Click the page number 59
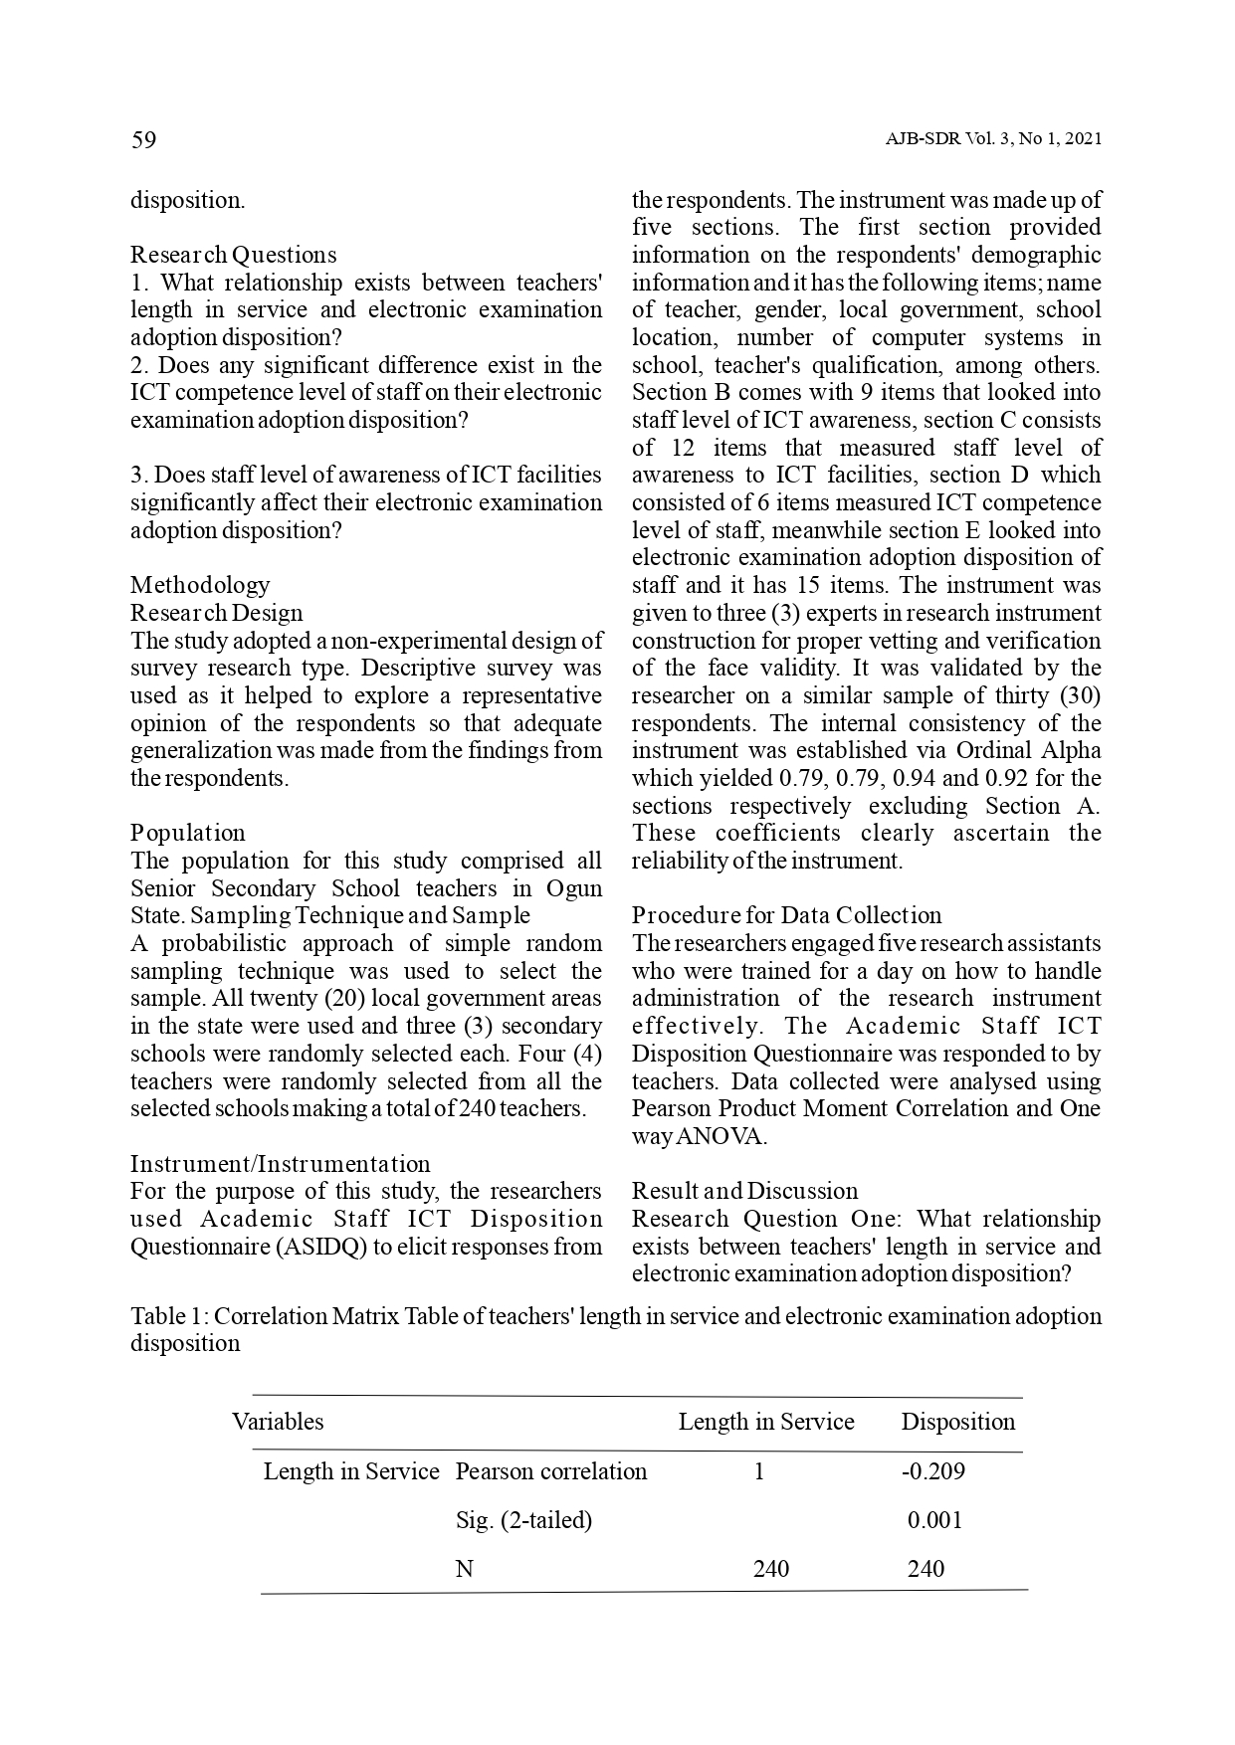point(143,140)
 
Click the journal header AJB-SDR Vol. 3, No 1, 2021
point(992,140)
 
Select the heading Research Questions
point(234,255)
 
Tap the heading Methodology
point(200,585)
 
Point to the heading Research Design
point(217,613)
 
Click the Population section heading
point(188,833)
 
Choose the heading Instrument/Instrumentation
point(281,1164)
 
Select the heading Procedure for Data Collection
point(786,915)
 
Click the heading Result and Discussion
point(744,1191)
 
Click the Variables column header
point(278,1422)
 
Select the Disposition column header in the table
point(957,1422)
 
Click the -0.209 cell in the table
point(932,1471)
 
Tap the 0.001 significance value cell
point(934,1520)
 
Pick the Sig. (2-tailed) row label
point(523,1520)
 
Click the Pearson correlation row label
point(550,1471)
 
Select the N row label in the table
point(464,1569)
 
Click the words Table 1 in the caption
point(167,1316)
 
